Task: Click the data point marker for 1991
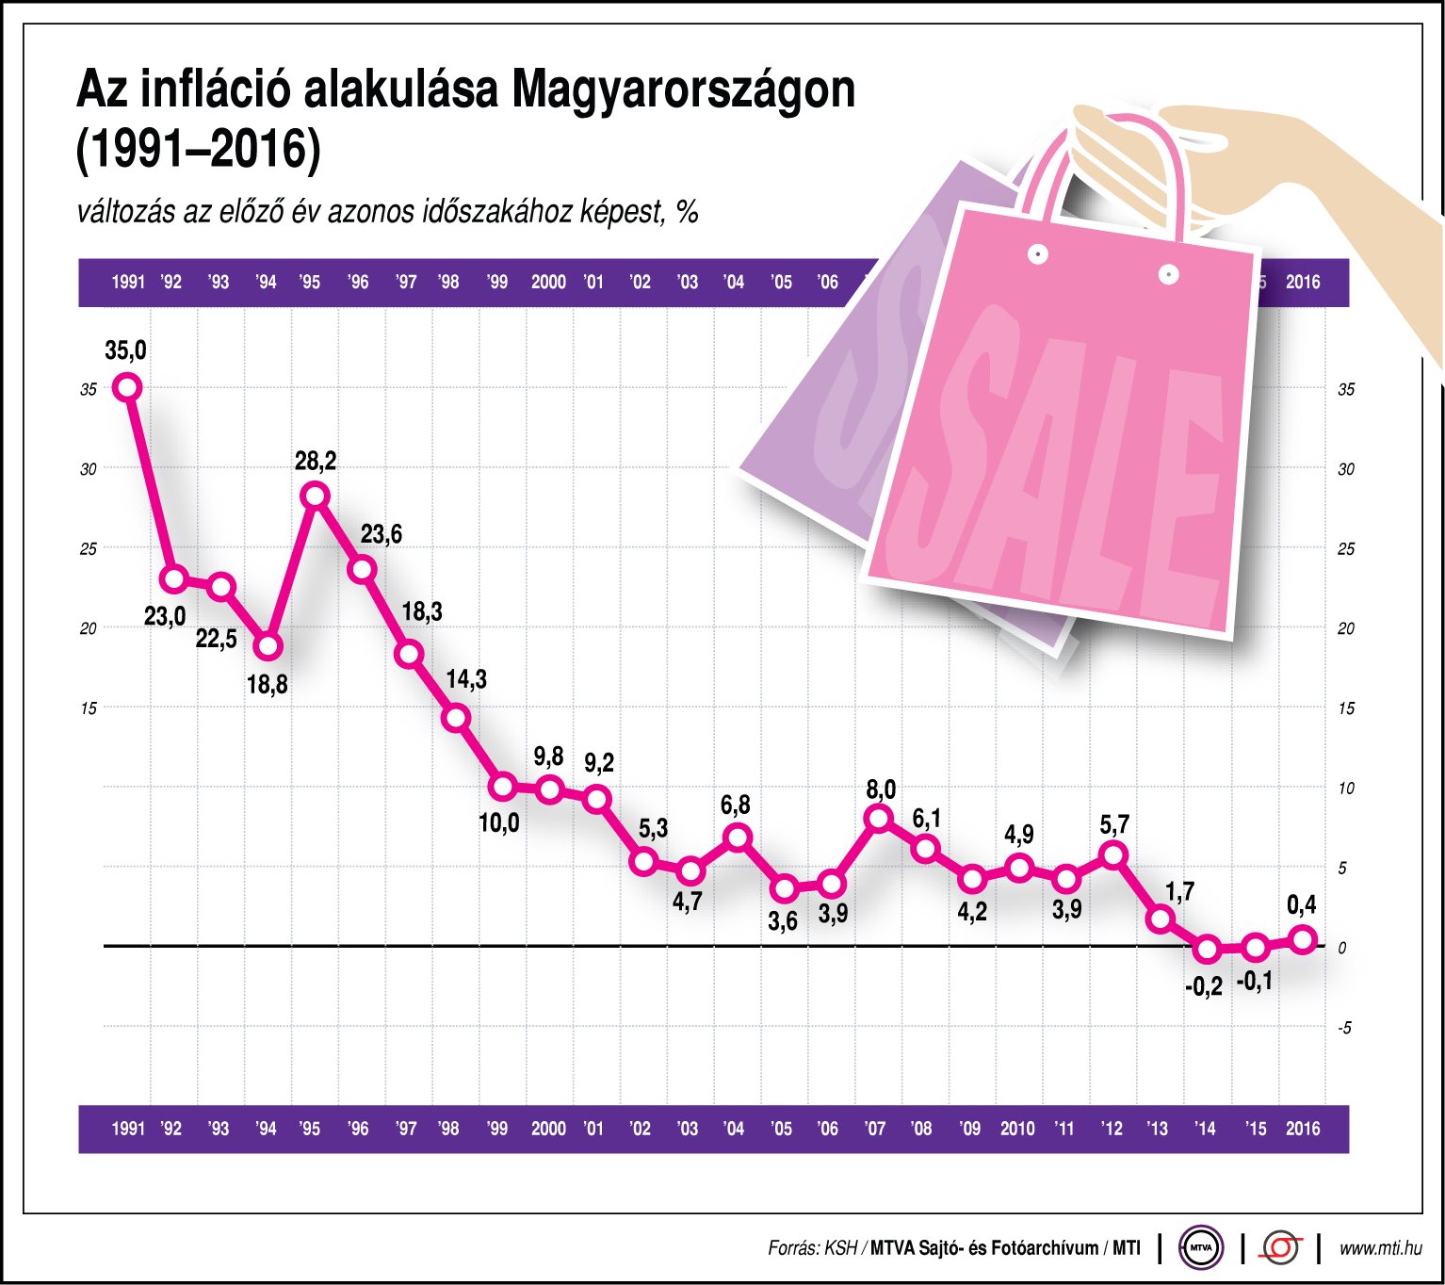click(127, 387)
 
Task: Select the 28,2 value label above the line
click(315, 462)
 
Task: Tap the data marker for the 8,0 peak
click(879, 818)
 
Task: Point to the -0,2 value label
click(1203, 986)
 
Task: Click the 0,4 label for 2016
click(1301, 905)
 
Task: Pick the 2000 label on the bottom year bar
click(548, 1129)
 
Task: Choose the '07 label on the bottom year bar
click(875, 1129)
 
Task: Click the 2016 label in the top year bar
click(1303, 282)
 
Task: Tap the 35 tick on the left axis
click(89, 389)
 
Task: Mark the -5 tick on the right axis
click(1344, 1028)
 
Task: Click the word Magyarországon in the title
click(684, 90)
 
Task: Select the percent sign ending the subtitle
click(687, 213)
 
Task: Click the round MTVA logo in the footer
click(1201, 1248)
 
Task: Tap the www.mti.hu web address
click(1380, 1248)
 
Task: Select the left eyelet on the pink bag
click(1038, 254)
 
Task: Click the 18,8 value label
click(267, 685)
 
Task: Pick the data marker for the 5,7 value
click(1113, 855)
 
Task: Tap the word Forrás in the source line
click(793, 1248)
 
